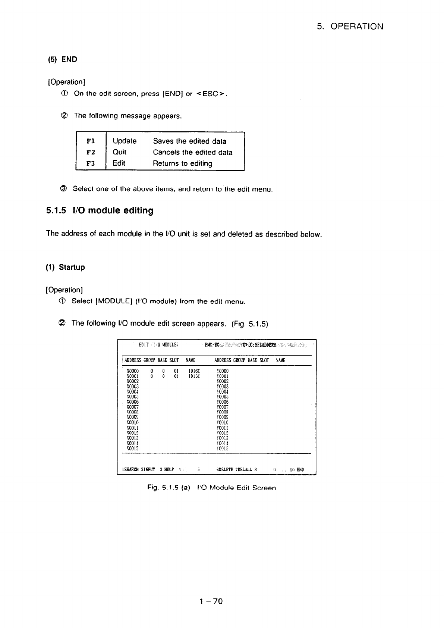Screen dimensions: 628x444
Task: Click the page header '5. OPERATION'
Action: (x=350, y=26)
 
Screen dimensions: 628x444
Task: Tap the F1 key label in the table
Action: (x=91, y=141)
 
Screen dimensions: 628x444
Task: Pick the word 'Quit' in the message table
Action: (x=119, y=152)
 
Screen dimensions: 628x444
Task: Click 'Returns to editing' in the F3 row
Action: (x=183, y=163)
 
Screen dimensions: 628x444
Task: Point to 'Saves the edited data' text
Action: (x=189, y=141)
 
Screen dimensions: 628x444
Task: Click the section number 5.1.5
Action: (x=56, y=211)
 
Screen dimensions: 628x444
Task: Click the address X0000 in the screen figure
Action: (x=133, y=371)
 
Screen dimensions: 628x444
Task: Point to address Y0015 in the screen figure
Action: (x=223, y=449)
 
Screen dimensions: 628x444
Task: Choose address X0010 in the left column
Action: (x=133, y=423)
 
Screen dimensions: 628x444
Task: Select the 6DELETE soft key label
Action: (x=225, y=469)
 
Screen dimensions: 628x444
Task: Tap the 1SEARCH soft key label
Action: (x=130, y=469)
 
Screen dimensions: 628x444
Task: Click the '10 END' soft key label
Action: (x=299, y=469)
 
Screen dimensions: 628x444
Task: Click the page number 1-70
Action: (x=211, y=601)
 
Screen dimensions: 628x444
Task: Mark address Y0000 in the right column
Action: (x=223, y=371)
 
